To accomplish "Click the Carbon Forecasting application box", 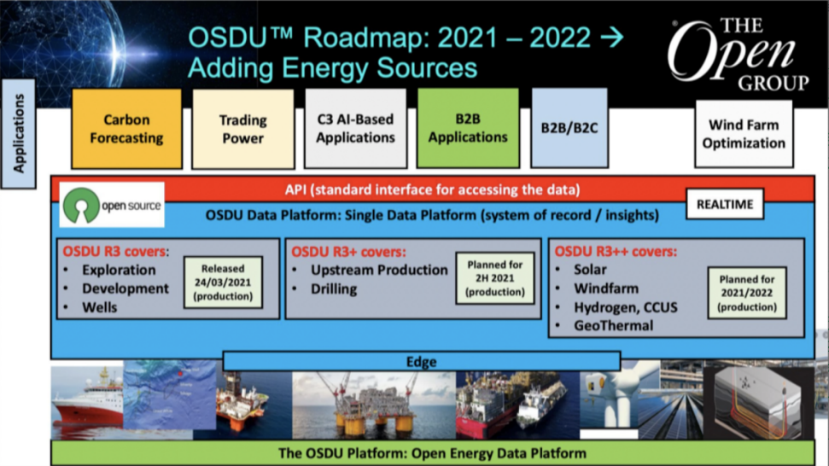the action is pos(127,129).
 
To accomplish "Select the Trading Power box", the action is pos(243,129).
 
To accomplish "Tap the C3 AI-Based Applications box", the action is pos(356,128).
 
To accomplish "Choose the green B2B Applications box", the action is pos(468,128).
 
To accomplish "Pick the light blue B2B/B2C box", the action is pos(569,128).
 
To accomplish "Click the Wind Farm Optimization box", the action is pos(744,134).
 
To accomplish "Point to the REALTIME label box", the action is pos(725,204).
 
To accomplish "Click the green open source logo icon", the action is pos(81,205).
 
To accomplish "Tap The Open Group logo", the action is pos(739,54).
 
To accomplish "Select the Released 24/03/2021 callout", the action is pos(223,283).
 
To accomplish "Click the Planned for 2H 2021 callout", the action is pos(495,278).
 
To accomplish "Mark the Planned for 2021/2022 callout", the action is pos(747,294).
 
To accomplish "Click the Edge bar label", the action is pos(422,362).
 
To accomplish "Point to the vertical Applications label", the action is pos(19,134).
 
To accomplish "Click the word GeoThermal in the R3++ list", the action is pos(614,325).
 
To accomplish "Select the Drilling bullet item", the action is pos(334,289).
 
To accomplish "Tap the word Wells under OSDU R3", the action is pos(99,307).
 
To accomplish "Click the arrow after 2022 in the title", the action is pos(612,38).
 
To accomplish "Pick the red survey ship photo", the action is pos(87,400).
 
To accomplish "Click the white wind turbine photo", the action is pos(609,399).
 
